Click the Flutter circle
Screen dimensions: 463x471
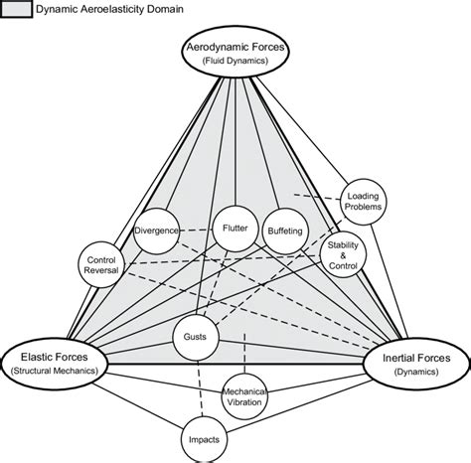[x=235, y=228]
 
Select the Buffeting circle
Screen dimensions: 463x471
[x=285, y=231]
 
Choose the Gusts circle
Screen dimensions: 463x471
[x=195, y=337]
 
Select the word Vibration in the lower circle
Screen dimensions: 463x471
[x=243, y=402]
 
